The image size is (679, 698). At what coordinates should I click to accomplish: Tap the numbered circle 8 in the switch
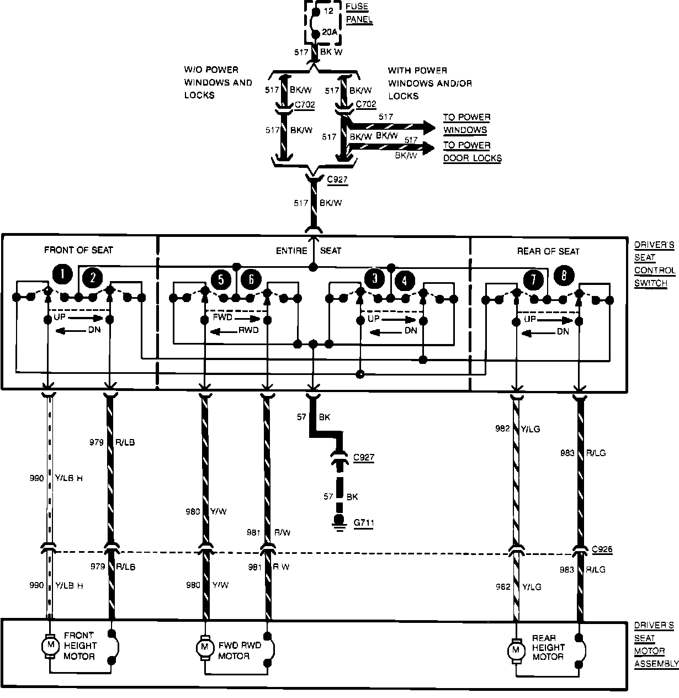(563, 276)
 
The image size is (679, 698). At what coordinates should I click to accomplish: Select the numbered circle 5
(221, 279)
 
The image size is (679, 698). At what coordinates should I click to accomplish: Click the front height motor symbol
(50, 644)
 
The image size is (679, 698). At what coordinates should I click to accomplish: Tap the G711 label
(363, 522)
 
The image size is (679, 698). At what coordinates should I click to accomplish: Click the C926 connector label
(602, 550)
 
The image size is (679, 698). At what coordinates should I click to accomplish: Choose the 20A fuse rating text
(329, 33)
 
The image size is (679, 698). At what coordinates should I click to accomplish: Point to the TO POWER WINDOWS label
(466, 124)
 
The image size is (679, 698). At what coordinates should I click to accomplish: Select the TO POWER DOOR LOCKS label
(472, 152)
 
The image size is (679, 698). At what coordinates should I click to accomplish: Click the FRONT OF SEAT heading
(78, 250)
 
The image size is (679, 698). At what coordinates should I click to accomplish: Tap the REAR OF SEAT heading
(548, 251)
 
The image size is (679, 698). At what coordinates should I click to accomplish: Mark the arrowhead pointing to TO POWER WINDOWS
(429, 127)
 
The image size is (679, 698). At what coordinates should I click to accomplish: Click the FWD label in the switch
(222, 318)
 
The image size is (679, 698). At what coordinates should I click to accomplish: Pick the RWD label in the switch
(248, 331)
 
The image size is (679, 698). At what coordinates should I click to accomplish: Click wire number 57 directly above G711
(328, 496)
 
